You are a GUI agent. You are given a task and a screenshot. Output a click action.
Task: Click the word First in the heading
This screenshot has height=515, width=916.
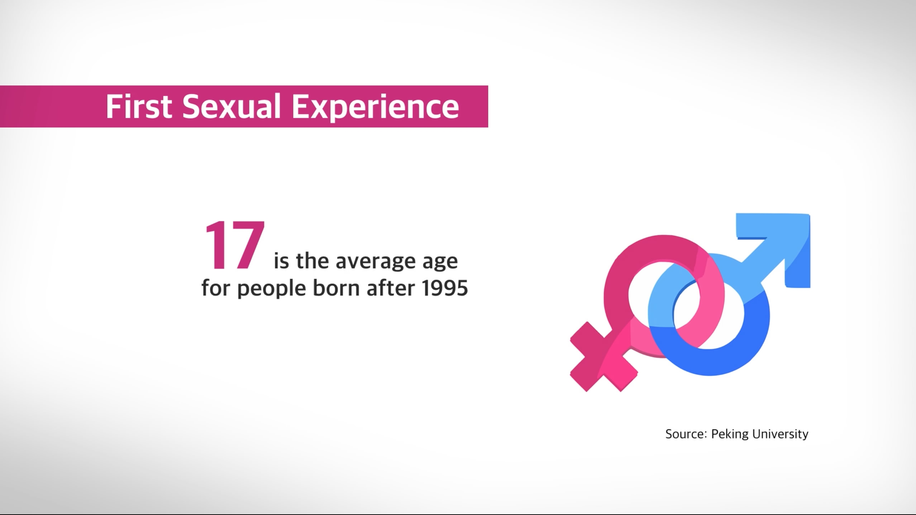[x=139, y=106]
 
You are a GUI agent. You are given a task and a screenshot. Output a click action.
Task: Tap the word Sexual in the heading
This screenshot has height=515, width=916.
[x=232, y=106]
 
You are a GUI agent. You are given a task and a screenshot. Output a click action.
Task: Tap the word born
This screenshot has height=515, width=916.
[x=336, y=287]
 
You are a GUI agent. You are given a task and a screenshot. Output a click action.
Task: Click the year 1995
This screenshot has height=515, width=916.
[x=445, y=288]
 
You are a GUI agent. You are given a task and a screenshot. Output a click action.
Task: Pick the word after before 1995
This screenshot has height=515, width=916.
[x=391, y=287]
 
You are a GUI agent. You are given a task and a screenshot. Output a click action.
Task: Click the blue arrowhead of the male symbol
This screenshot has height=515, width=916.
[x=785, y=244]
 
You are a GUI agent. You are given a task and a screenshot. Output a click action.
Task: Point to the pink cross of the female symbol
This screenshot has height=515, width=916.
[x=603, y=357]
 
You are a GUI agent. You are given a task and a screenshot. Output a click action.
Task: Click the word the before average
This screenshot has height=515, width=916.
[x=312, y=261]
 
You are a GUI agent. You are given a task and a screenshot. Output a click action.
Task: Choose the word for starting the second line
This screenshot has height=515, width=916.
[x=216, y=287]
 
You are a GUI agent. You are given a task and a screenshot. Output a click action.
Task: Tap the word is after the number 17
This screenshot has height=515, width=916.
[x=281, y=261]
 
